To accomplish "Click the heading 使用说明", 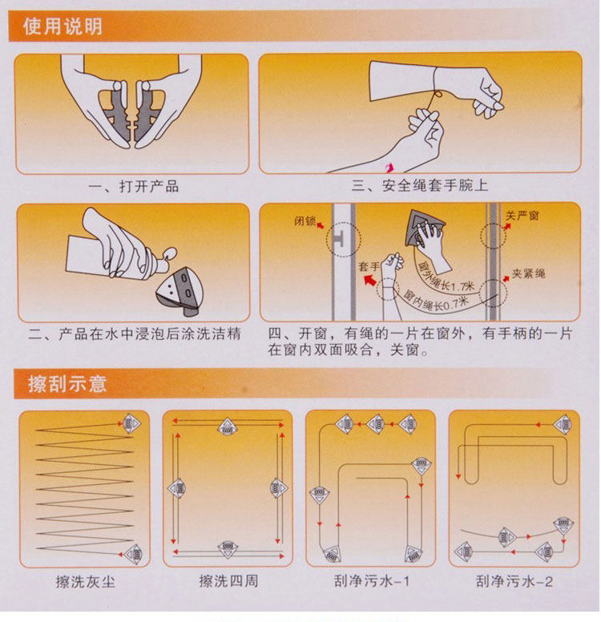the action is [x=63, y=26].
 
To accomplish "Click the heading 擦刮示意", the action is [x=67, y=384].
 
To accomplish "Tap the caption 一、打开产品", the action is [x=133, y=187].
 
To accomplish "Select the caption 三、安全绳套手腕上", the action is [x=420, y=185].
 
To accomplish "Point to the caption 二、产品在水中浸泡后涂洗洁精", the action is [x=135, y=333].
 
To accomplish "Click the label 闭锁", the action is [x=305, y=220].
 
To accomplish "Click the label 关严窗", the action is [x=522, y=216].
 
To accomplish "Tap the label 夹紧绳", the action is [x=528, y=273].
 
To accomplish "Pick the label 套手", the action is [x=369, y=267].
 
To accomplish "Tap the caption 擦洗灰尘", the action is [x=85, y=582].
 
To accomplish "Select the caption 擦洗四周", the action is [x=228, y=581].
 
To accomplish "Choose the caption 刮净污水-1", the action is [x=371, y=581].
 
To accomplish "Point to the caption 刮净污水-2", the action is [x=514, y=581].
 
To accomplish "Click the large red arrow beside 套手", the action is [x=370, y=281].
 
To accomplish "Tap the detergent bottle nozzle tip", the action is [x=172, y=252].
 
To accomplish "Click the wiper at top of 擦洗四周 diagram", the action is [x=227, y=427].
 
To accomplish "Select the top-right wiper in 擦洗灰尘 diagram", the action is [x=131, y=423].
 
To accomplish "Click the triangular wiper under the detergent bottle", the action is [x=180, y=291].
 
